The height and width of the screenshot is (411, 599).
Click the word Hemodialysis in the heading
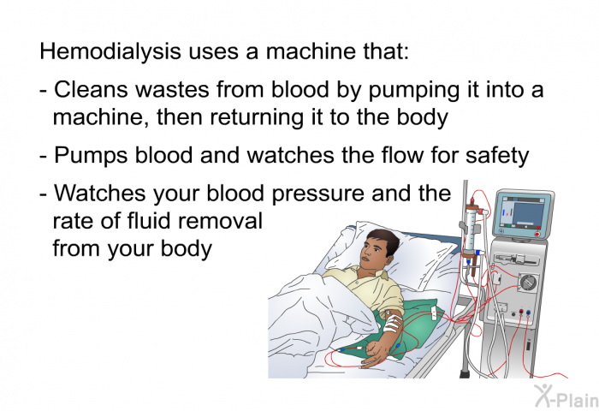coord(110,51)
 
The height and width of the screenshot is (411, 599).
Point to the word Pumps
coord(91,156)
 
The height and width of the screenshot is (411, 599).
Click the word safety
coord(497,156)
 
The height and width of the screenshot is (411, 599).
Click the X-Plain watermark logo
coord(566,396)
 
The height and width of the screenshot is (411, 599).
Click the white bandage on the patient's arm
coord(392,322)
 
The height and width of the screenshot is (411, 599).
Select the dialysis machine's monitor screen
coord(524,213)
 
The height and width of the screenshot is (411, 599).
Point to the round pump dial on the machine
coord(528,283)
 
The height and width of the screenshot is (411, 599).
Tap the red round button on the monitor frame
coord(537,234)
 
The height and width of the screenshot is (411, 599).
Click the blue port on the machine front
coord(528,313)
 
